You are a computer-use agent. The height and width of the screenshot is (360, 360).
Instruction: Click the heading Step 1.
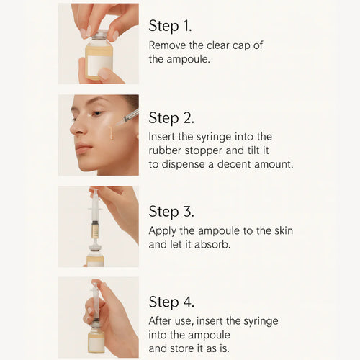(170, 27)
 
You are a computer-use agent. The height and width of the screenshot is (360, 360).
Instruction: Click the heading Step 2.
(171, 118)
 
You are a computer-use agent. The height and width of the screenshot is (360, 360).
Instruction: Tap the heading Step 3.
(171, 212)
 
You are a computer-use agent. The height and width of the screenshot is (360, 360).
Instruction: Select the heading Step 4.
(171, 302)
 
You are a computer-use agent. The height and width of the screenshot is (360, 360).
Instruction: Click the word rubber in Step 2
(166, 150)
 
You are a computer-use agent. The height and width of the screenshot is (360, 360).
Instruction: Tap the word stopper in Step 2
(210, 150)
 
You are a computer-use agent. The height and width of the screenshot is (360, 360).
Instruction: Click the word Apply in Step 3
(163, 230)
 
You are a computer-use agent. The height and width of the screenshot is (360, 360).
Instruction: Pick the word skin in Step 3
(282, 230)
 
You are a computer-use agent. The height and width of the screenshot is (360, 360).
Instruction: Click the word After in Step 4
(163, 320)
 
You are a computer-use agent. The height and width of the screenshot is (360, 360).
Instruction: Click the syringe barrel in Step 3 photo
(94, 209)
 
